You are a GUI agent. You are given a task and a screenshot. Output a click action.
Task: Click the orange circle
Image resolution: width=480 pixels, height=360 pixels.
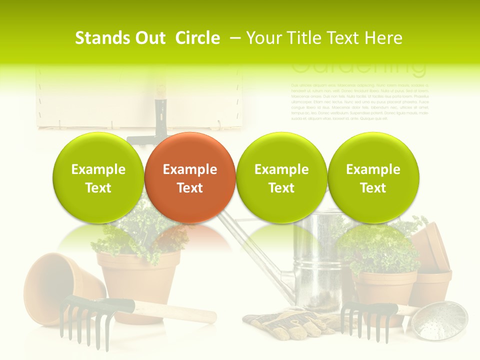(x=189, y=178)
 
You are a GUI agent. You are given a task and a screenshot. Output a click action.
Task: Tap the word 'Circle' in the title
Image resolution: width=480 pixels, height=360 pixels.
(x=197, y=38)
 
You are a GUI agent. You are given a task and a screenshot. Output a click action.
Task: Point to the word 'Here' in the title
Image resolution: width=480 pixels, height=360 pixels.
(x=383, y=38)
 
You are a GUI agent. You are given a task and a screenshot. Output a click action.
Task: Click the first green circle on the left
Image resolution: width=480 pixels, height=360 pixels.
(x=98, y=178)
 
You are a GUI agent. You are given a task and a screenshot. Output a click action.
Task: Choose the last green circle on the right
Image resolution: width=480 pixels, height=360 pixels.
(x=373, y=178)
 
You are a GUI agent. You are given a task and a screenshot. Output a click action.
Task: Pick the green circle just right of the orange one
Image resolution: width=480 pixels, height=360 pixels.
(x=281, y=178)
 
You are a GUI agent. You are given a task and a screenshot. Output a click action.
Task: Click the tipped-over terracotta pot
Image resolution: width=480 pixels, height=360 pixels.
(x=55, y=285)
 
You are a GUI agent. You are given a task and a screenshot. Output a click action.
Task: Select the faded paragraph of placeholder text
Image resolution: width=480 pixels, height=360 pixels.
(x=359, y=102)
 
